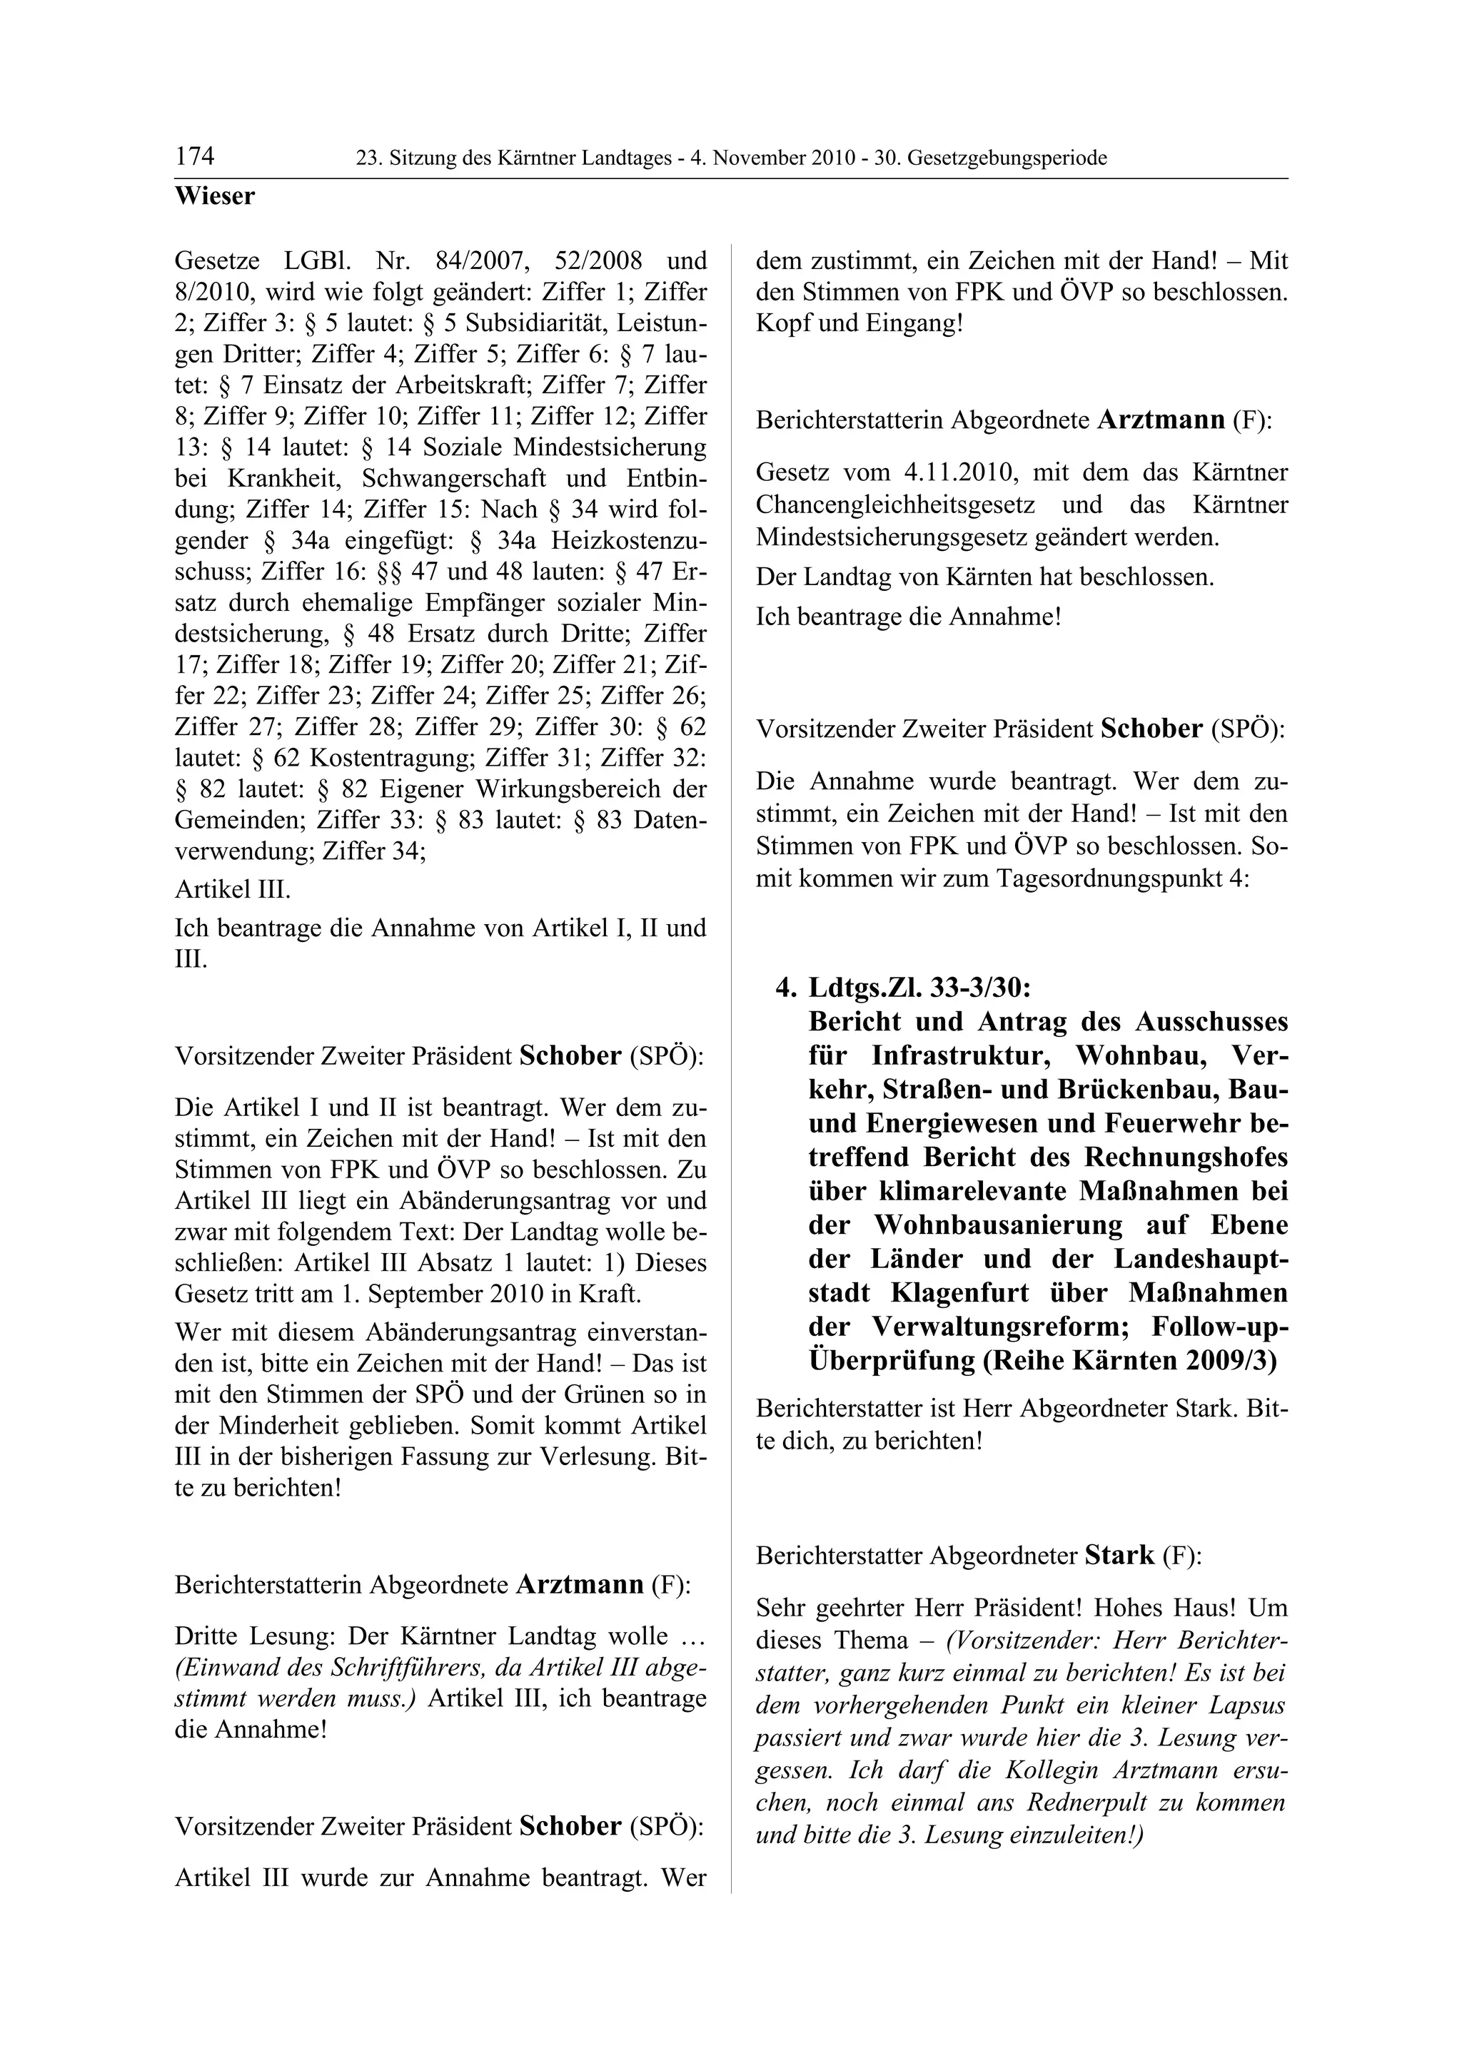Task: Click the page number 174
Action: coord(195,157)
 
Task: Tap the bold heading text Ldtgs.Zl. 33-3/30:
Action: coord(919,988)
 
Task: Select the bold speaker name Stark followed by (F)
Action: coord(1119,1556)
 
